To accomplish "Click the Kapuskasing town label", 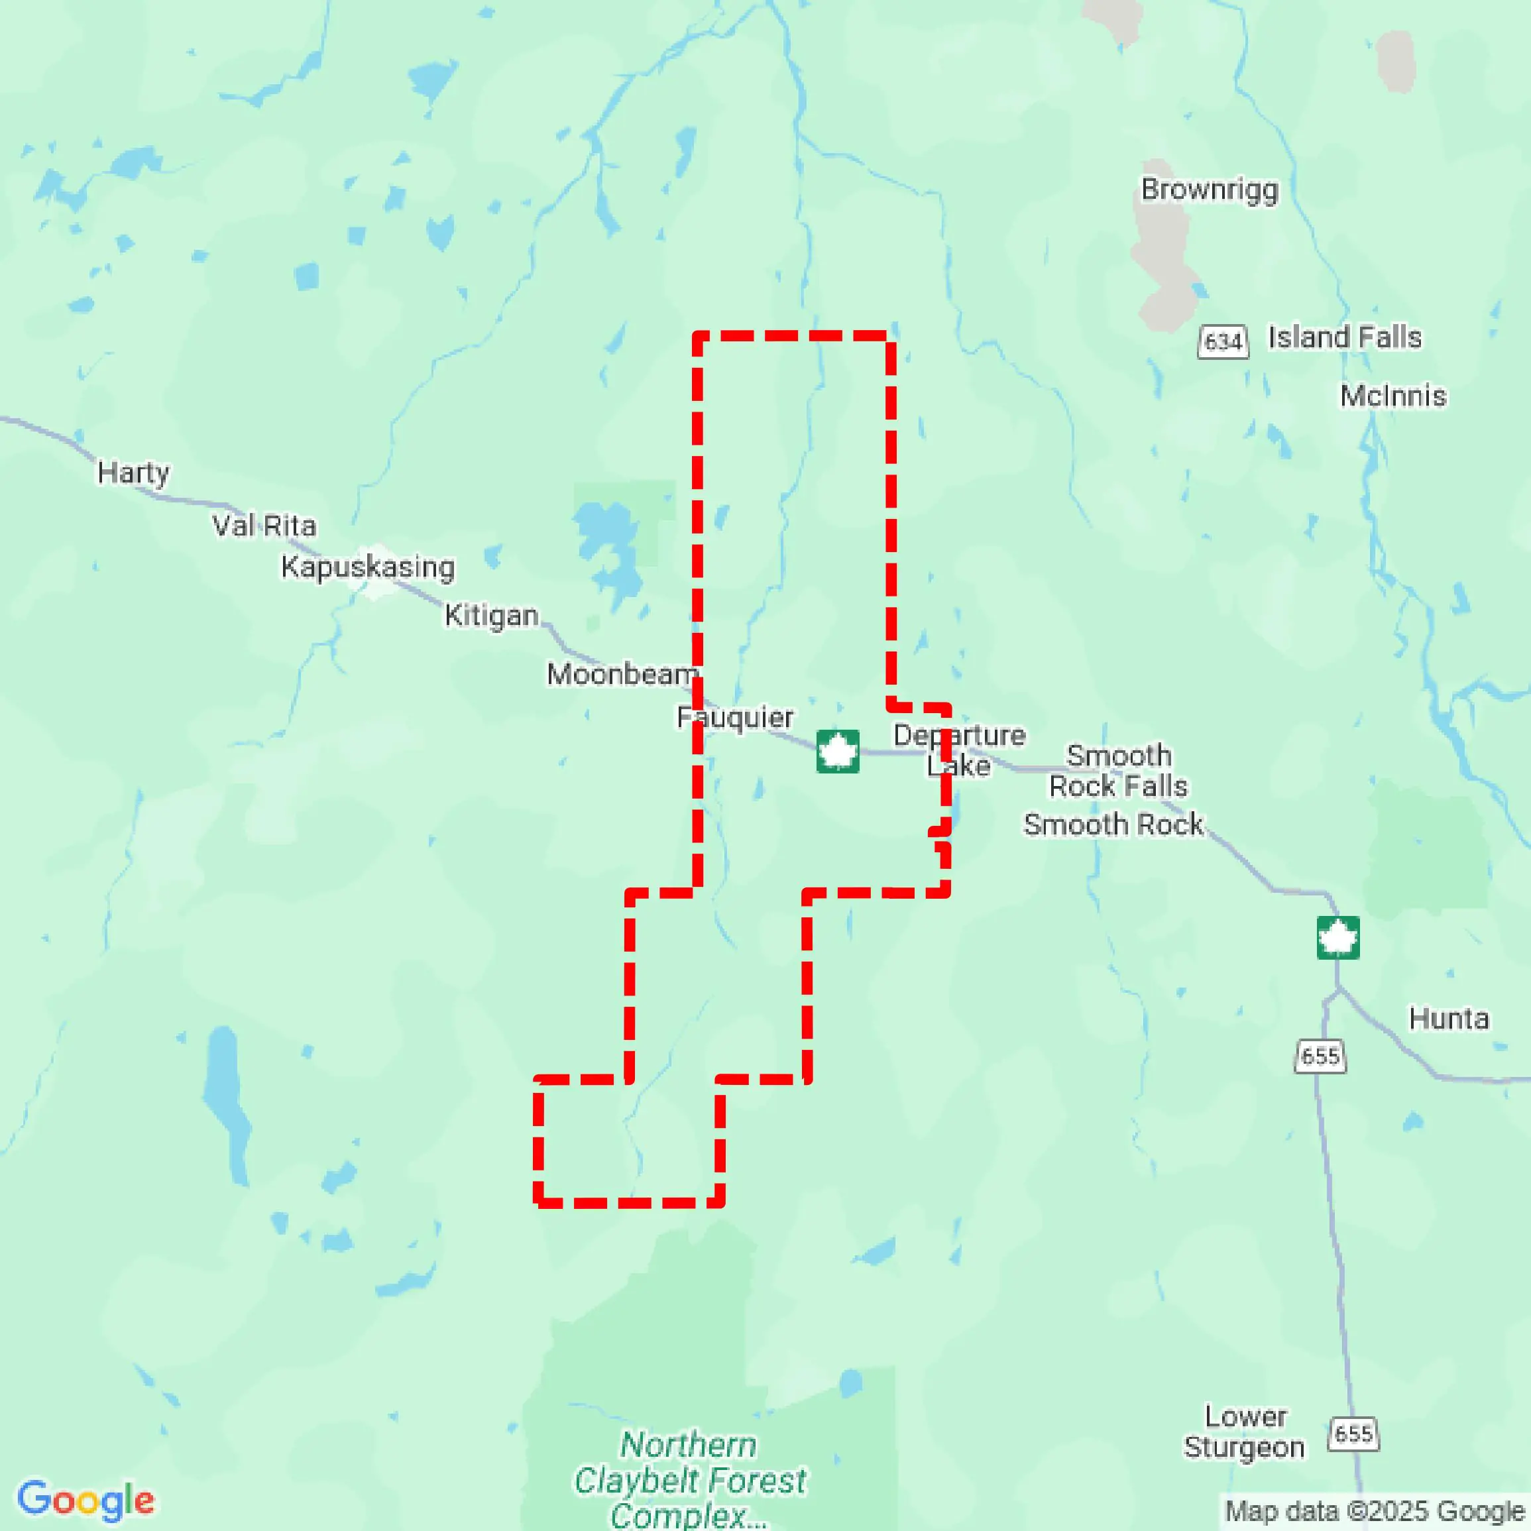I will click(368, 567).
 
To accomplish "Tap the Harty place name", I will click(133, 473).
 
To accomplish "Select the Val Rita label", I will click(264, 526).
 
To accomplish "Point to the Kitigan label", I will click(491, 615).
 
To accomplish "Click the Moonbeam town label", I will click(622, 675).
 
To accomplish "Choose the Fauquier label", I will click(734, 717).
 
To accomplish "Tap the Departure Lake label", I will click(959, 750).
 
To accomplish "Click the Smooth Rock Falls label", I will click(1118, 771).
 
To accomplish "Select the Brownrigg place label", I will click(1210, 190).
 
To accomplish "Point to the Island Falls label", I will click(1345, 337).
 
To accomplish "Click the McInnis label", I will click(1393, 396).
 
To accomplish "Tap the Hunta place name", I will click(1449, 1018).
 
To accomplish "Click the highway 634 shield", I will click(1223, 341).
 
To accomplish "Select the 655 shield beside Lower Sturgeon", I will click(1353, 1433).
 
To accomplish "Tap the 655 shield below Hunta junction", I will click(1320, 1056).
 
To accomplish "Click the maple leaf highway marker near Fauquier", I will click(838, 751).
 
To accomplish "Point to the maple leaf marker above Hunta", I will click(1337, 937).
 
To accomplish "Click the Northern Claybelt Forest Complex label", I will click(689, 1479).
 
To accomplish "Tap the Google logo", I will click(85, 1500).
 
